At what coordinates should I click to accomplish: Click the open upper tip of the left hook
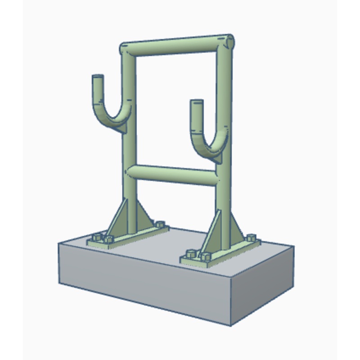click(x=98, y=77)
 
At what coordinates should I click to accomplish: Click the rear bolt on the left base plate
click(x=158, y=224)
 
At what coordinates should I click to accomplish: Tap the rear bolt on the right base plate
click(x=251, y=237)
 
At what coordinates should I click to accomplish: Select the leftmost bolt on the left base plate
click(x=96, y=238)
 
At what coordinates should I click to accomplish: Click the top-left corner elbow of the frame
click(x=126, y=49)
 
